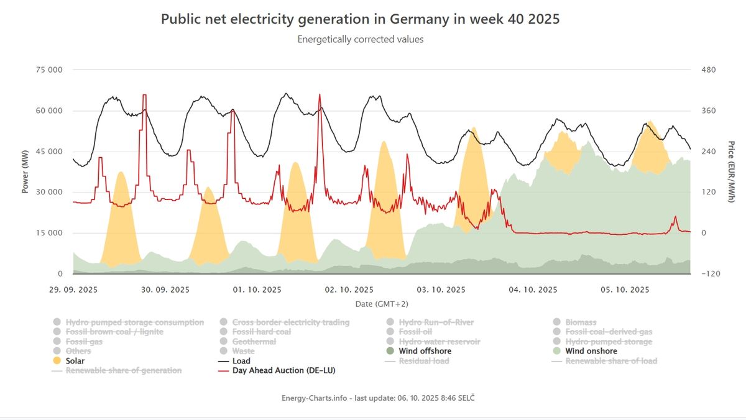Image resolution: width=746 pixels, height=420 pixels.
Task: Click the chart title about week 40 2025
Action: pos(360,19)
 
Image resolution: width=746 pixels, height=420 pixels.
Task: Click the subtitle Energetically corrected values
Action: pos(360,39)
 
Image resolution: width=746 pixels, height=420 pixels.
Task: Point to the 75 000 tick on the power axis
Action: pos(50,70)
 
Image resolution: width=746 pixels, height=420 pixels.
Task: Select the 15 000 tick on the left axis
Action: pos(50,233)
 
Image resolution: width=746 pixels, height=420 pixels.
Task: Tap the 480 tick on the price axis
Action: pos(708,70)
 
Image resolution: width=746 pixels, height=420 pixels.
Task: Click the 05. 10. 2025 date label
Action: pos(625,290)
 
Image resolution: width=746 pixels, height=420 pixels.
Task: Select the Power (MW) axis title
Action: pos(25,171)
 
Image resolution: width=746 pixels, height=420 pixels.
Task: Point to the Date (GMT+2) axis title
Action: pos(382,304)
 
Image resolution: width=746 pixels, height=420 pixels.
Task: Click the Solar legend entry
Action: pos(75,361)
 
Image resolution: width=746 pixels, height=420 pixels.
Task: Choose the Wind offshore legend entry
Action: pos(425,351)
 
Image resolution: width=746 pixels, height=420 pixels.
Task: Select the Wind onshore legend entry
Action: pos(591,351)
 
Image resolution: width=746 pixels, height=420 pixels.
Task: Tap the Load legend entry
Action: pos(241,361)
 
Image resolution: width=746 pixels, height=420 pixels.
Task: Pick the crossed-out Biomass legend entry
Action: pos(581,322)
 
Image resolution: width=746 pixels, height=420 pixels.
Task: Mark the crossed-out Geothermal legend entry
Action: pos(254,342)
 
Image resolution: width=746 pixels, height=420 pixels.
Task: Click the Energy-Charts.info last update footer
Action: pos(382,397)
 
